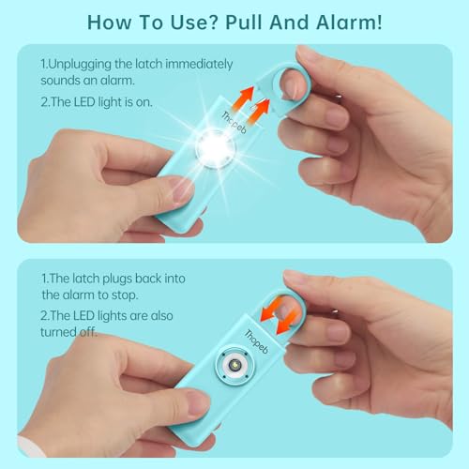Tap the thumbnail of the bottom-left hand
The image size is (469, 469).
tap(195, 404)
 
